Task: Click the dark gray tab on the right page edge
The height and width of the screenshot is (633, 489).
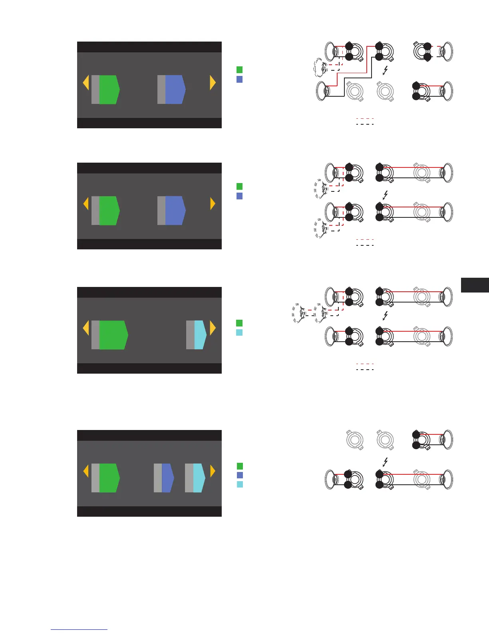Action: [475, 285]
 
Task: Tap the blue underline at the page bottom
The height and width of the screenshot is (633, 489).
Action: [79, 630]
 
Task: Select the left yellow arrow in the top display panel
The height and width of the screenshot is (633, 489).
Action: [85, 83]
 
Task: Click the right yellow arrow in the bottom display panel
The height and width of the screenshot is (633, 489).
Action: [213, 471]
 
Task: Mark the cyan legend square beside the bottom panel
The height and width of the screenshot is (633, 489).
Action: [240, 484]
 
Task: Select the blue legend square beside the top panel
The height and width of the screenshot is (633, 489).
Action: [240, 79]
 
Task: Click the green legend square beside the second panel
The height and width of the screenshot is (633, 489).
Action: [240, 186]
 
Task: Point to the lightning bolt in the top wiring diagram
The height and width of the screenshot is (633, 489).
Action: [385, 71]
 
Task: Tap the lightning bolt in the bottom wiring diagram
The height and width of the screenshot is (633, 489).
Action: [385, 462]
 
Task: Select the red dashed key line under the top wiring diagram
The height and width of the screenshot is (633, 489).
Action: [365, 118]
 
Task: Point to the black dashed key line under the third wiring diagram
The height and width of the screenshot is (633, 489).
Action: [365, 369]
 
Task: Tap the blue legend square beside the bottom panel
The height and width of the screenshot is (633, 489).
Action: [240, 475]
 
